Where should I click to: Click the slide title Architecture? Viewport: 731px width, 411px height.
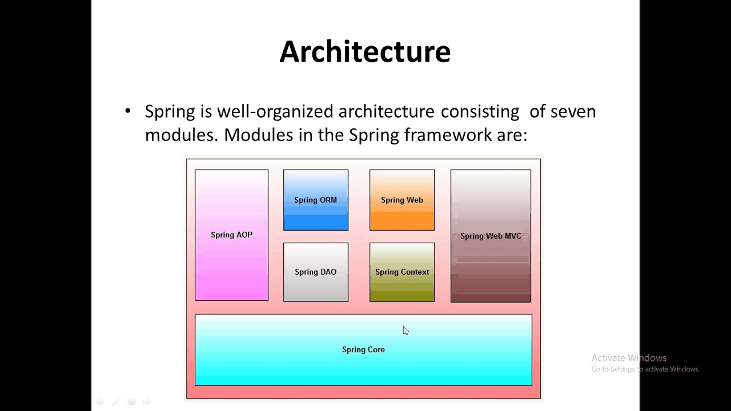coord(365,51)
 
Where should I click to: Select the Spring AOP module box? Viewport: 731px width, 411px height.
coord(231,235)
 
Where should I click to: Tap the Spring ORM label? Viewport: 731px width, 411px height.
coord(315,200)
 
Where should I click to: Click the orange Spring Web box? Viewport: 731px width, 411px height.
coord(401,200)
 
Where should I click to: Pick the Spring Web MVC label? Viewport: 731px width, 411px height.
coord(491,236)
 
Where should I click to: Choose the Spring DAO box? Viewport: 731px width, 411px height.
coord(315,272)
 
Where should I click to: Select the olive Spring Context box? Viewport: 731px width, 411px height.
coord(401,272)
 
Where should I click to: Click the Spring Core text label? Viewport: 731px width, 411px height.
coord(363,349)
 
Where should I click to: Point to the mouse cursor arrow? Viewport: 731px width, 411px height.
coord(405,330)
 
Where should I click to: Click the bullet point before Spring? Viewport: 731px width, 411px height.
coord(127,111)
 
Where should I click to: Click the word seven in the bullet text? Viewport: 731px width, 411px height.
coord(573,111)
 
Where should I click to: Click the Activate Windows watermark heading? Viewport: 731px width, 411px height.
coord(629,358)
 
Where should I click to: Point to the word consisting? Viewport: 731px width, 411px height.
coord(480,111)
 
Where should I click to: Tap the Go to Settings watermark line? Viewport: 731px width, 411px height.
coord(645,369)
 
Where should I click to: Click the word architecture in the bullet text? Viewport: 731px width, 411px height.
coord(386,111)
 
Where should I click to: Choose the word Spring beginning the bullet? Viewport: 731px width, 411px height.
coord(170,111)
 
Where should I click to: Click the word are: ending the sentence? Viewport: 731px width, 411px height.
coord(512,135)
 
